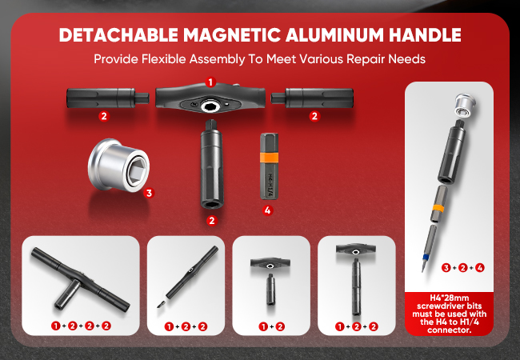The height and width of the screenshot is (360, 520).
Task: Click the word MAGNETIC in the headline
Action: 231,34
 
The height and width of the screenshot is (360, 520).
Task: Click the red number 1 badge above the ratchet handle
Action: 210,82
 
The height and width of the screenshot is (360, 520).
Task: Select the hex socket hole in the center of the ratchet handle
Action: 210,106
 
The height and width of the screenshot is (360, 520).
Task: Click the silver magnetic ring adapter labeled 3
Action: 118,165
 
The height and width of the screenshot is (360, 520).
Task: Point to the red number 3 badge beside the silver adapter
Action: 149,193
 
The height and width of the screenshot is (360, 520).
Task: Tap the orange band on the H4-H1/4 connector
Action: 269,157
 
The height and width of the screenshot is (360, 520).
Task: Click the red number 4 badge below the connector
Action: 268,210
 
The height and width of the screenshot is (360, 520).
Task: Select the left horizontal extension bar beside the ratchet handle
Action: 108,98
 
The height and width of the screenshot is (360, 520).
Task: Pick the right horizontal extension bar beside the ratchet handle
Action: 312,98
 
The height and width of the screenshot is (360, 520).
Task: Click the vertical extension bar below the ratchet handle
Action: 211,164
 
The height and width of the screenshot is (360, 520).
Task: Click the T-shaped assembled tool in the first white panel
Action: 80,279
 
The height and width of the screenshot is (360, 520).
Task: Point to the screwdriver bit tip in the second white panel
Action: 161,304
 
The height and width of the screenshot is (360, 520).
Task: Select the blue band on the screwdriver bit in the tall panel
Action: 426,256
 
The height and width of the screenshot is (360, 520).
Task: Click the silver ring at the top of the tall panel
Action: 465,105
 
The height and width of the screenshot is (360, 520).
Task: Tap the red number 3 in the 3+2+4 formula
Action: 446,267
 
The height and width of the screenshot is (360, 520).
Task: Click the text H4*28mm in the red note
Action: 450,298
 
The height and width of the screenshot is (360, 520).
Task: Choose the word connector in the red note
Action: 450,330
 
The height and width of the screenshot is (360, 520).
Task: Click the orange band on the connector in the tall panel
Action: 438,208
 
